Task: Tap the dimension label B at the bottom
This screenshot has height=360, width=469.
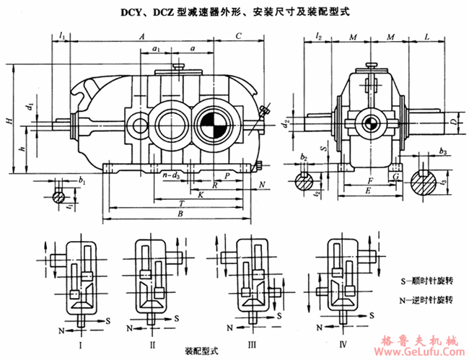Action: click(180, 214)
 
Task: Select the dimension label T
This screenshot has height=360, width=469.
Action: click(180, 203)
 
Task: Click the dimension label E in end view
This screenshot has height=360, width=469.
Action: click(368, 191)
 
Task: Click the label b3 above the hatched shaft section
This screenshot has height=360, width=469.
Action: click(442, 152)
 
